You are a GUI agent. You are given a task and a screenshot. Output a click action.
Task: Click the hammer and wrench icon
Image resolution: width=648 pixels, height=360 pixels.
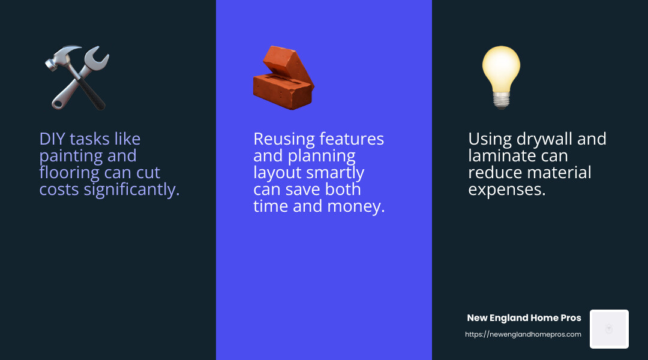(77, 78)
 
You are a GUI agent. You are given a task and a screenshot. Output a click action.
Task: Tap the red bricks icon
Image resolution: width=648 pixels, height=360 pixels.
(283, 78)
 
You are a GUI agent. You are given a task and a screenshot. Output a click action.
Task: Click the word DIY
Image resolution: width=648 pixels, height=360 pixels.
(52, 139)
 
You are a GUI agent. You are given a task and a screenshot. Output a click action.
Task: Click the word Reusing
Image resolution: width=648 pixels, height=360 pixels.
(284, 139)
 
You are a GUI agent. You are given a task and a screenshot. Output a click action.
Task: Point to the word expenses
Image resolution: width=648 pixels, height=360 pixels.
(507, 190)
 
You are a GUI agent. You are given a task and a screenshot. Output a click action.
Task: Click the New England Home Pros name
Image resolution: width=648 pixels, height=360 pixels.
(524, 318)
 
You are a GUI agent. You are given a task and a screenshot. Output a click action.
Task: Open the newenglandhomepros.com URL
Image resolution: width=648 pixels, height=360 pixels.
(523, 334)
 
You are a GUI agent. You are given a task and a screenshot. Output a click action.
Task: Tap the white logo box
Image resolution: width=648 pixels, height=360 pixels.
(609, 329)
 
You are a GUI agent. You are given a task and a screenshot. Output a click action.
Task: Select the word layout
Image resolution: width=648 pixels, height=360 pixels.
(277, 173)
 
